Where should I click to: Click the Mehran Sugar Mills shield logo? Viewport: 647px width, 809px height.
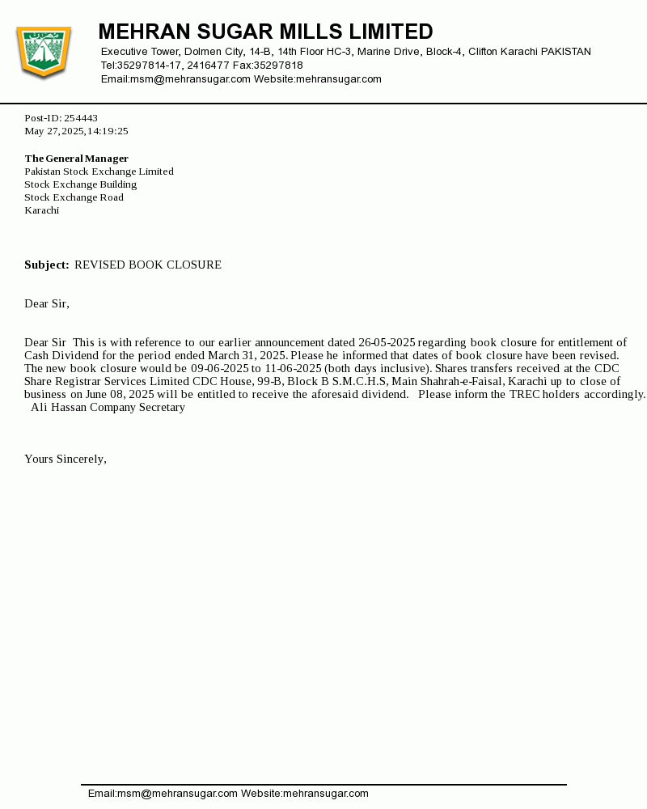[x=44, y=53]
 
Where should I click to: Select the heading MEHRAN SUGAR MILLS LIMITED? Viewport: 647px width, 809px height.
[x=265, y=32]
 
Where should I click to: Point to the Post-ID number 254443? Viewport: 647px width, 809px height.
[x=81, y=118]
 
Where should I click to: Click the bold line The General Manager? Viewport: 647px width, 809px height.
[x=76, y=159]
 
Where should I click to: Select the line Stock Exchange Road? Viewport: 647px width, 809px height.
[x=74, y=197]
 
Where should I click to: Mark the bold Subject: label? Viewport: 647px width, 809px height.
[x=47, y=265]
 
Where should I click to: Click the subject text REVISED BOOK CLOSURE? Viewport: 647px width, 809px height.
[x=148, y=265]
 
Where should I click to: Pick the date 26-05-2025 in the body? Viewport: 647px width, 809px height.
[x=387, y=343]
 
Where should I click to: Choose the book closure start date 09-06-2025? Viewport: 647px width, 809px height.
[x=219, y=369]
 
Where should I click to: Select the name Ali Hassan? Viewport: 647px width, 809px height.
[x=59, y=408]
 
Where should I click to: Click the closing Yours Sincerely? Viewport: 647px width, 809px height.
[x=66, y=460]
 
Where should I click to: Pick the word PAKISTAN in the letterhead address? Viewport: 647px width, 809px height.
[x=565, y=52]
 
